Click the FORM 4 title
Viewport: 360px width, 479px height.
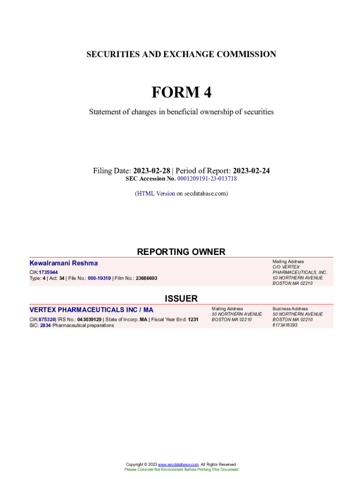pyautogui.click(x=181, y=93)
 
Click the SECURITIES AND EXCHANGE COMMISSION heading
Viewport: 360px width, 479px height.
pyautogui.click(x=181, y=54)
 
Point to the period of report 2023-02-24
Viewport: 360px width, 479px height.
pyautogui.click(x=251, y=171)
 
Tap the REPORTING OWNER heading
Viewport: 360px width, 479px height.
pyautogui.click(x=181, y=252)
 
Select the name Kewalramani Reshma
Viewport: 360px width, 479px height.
pyautogui.click(x=64, y=263)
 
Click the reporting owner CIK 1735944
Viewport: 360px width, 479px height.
pyautogui.click(x=48, y=272)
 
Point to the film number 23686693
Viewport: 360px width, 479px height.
pyautogui.click(x=146, y=278)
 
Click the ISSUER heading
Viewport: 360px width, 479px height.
pyautogui.click(x=181, y=298)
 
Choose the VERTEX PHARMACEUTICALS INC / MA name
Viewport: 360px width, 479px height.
pyautogui.click(x=91, y=310)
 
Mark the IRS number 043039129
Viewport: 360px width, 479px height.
pyautogui.click(x=89, y=319)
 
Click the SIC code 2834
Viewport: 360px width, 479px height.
pyautogui.click(x=45, y=325)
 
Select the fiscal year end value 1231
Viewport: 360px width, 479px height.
pyautogui.click(x=193, y=319)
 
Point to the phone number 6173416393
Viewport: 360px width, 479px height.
pyautogui.click(x=285, y=325)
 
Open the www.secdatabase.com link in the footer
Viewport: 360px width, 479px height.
pyautogui.click(x=178, y=464)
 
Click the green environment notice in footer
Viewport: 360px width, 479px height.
pyautogui.click(x=181, y=469)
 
